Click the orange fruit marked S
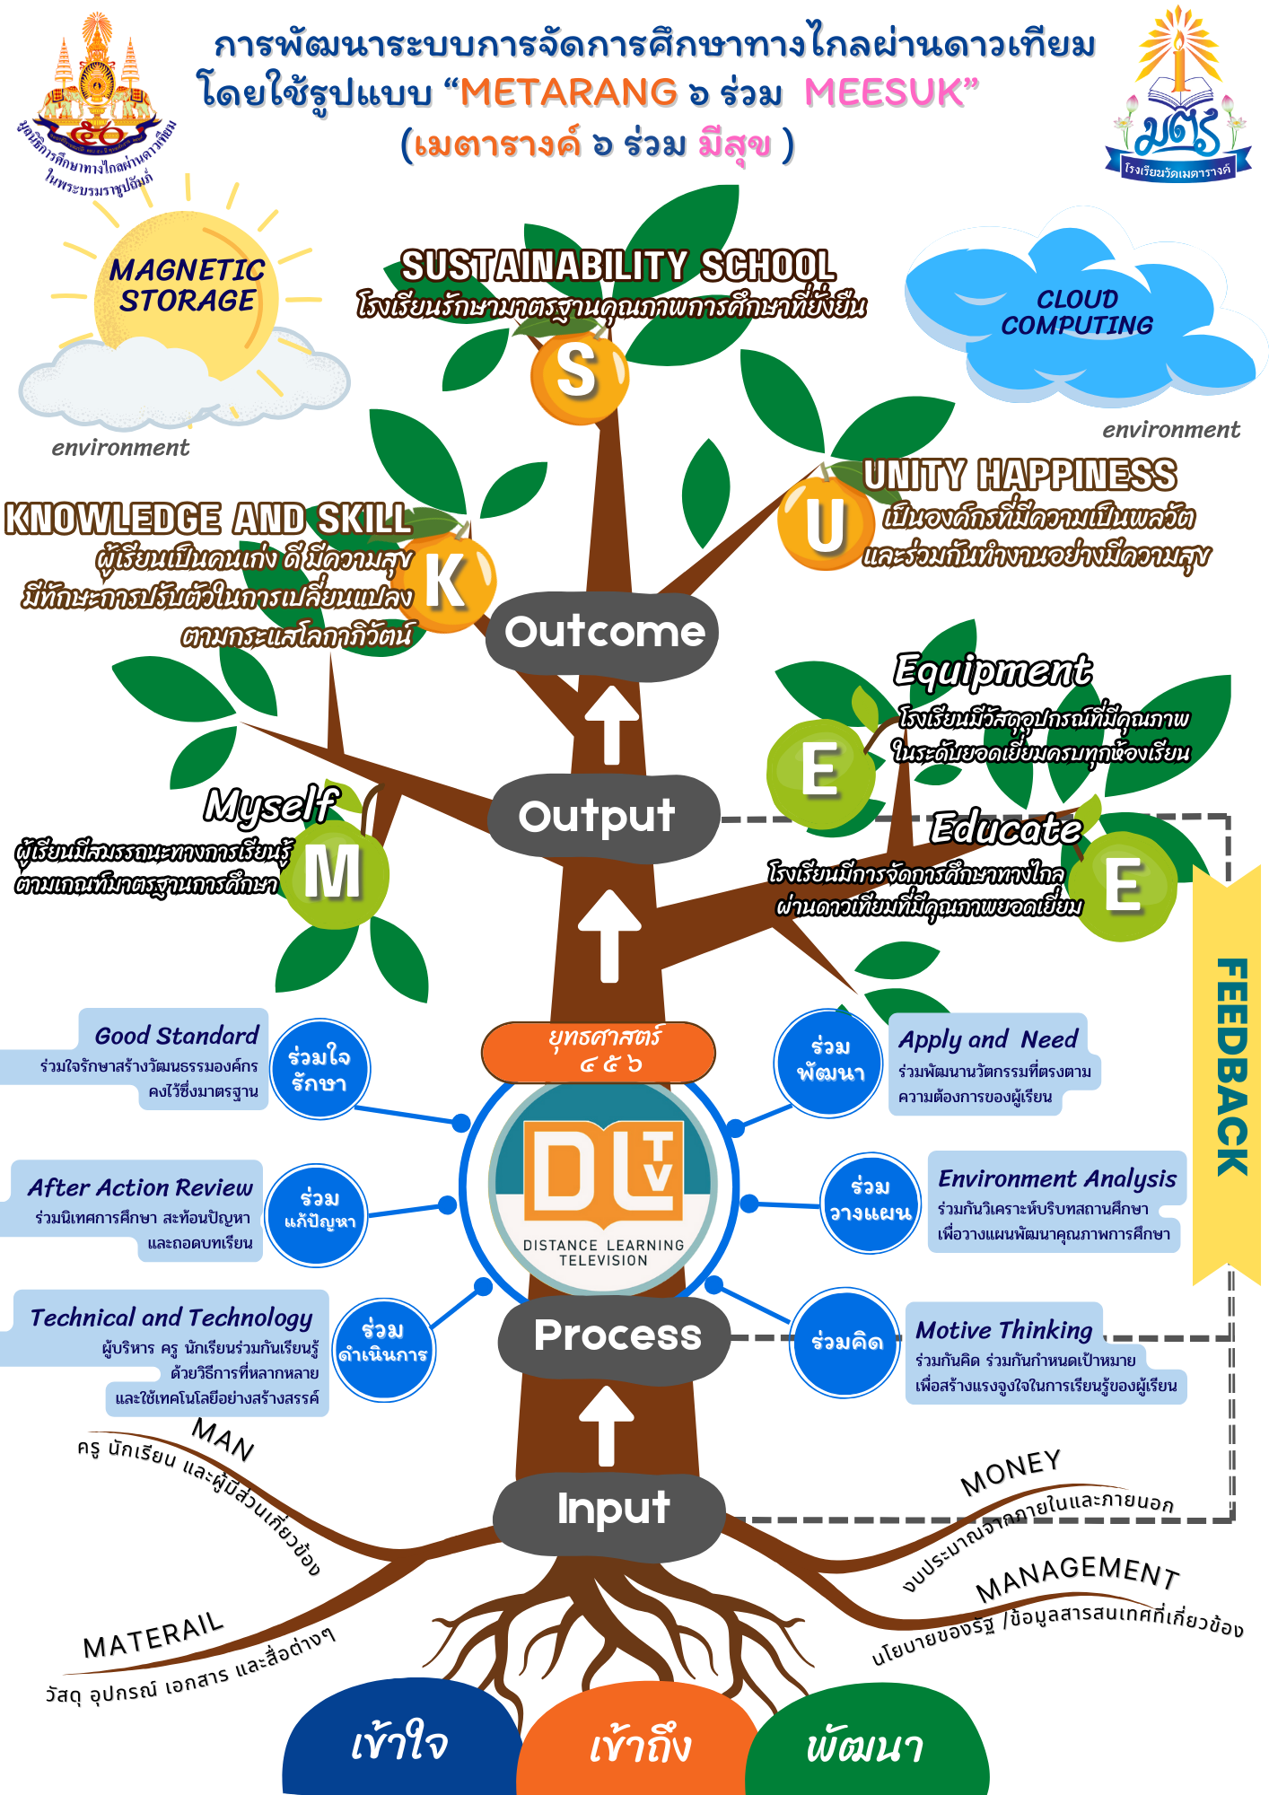[x=578, y=374]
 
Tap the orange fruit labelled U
[x=825, y=524]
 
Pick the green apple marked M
[x=334, y=873]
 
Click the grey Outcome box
[x=603, y=633]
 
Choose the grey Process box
[x=616, y=1336]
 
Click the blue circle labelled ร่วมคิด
[x=845, y=1343]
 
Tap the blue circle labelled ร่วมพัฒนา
[x=829, y=1063]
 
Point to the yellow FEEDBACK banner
[x=1230, y=1068]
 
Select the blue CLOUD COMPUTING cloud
[x=1077, y=314]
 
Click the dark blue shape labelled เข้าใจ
[x=400, y=1741]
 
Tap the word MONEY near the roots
[x=1011, y=1472]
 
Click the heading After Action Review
[x=140, y=1187]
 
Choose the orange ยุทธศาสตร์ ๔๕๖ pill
[x=599, y=1051]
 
